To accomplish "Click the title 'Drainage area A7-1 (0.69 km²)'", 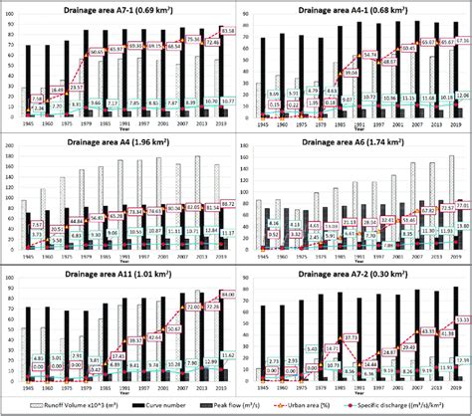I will (x=119, y=10).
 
